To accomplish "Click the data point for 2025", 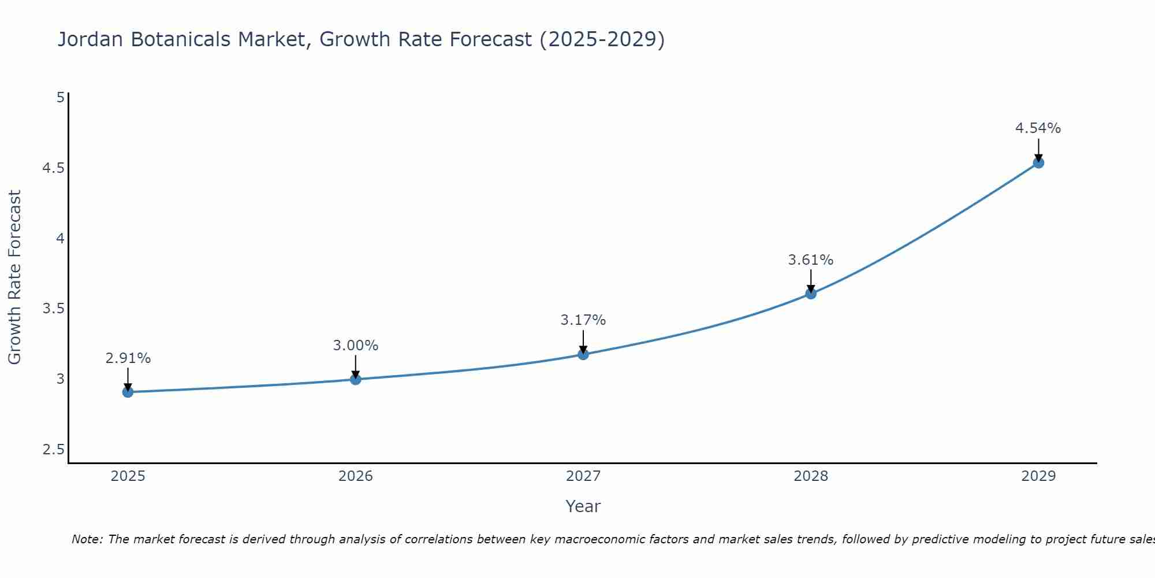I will pos(128,392).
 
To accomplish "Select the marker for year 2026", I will pos(355,379).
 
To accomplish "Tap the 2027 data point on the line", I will pos(583,354).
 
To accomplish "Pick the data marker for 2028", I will pos(811,294).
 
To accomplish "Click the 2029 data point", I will pos(1038,163).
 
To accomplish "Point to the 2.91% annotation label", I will pos(128,358).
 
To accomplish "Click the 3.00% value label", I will pos(355,346).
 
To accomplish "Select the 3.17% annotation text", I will pos(583,320).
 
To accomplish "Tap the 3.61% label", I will pos(811,260).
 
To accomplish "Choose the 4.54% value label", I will pos(1038,128).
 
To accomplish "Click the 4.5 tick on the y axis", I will pos(53,168).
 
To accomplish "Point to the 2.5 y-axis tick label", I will pos(53,450).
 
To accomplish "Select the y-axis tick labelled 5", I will pos(60,98).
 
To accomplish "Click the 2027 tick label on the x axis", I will pos(583,476).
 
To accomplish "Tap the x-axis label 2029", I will pos(1038,476).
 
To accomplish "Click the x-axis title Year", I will pos(583,506).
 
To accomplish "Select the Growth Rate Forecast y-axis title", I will pos(15,277).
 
